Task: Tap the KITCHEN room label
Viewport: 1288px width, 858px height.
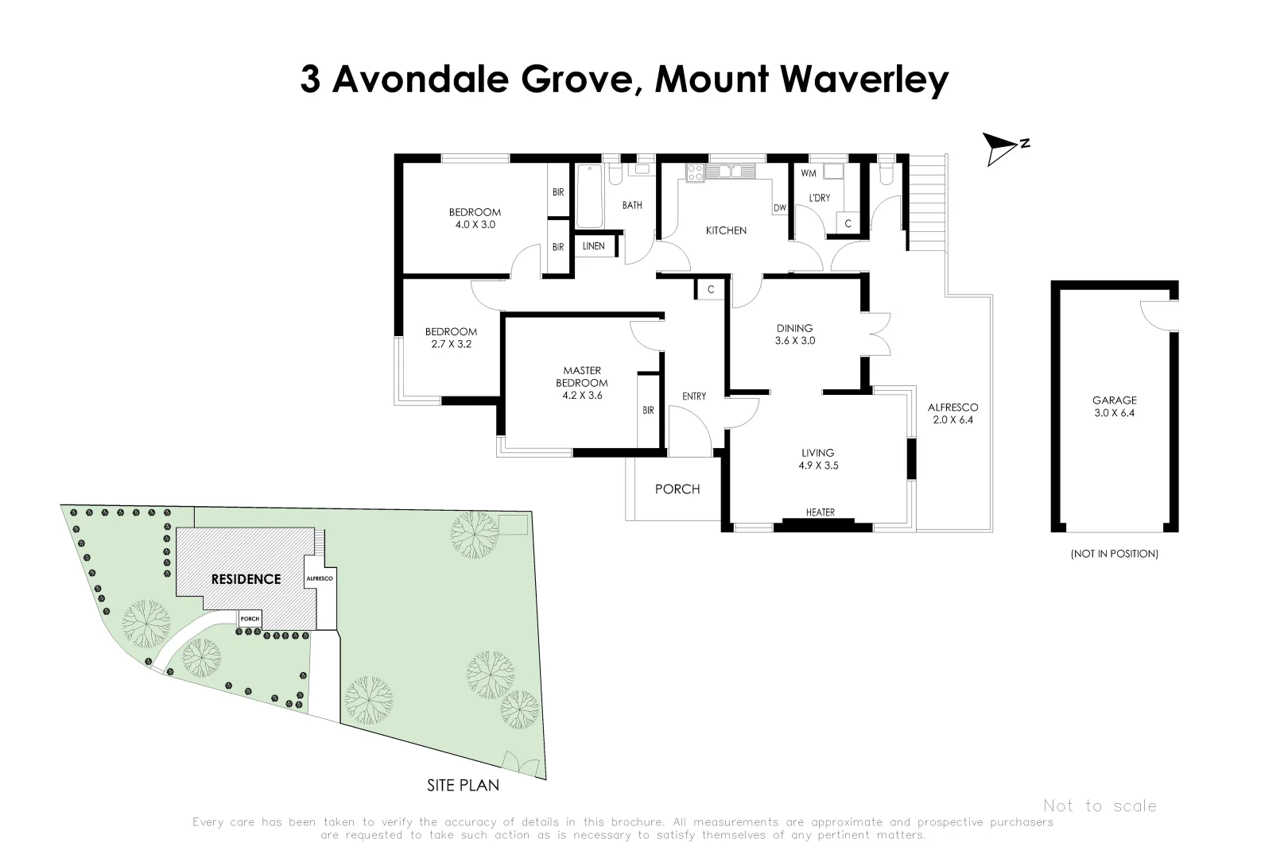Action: click(726, 230)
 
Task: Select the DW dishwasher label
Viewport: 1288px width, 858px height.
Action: click(779, 208)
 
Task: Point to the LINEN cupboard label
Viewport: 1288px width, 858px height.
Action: click(593, 246)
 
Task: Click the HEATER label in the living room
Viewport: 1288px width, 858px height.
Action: click(820, 512)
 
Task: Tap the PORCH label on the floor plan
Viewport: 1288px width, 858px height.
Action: click(677, 489)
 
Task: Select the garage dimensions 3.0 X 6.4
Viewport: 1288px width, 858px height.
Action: click(1114, 413)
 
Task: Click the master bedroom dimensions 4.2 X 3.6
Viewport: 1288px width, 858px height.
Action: click(582, 396)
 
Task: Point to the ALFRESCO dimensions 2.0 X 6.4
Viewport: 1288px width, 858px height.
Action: click(952, 420)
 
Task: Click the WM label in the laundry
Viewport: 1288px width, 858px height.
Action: click(808, 173)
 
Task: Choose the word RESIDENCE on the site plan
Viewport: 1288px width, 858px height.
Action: click(246, 579)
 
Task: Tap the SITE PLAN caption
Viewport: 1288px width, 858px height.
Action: click(463, 786)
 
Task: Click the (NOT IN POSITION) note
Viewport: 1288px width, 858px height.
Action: click(1114, 554)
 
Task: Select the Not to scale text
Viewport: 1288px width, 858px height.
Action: click(1100, 806)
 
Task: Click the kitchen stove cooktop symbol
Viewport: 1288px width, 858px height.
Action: click(695, 172)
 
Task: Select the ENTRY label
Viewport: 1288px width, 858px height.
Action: click(694, 396)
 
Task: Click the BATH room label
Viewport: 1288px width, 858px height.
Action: click(632, 206)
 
